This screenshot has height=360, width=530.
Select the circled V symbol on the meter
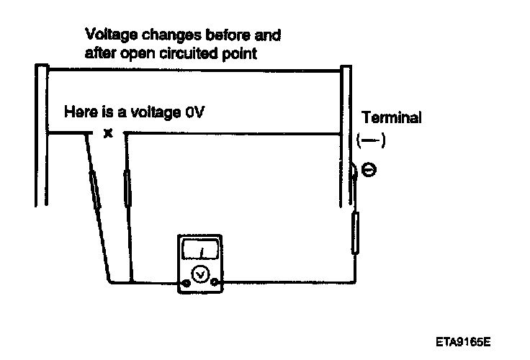[202, 273]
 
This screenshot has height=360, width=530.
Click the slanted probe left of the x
[96, 189]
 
